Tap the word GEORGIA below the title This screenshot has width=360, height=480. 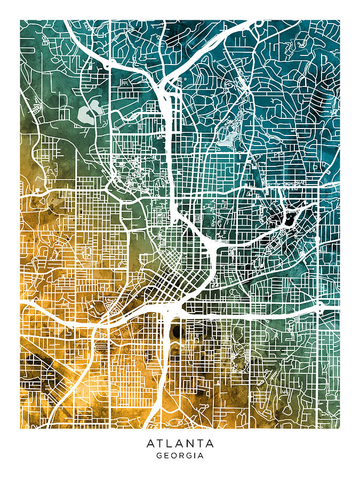pyautogui.click(x=180, y=456)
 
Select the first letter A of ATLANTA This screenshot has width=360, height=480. pyautogui.click(x=150, y=443)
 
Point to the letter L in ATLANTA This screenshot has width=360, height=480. pyautogui.click(x=170, y=443)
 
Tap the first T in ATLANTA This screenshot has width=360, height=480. pyautogui.click(x=160, y=443)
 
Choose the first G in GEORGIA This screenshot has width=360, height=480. pyautogui.click(x=159, y=456)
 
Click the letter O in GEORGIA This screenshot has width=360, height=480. pyautogui.click(x=173, y=456)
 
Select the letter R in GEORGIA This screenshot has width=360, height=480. pyautogui.click(x=180, y=456)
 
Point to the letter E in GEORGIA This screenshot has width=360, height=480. pyautogui.click(x=166, y=456)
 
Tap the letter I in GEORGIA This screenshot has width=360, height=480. pyautogui.click(x=194, y=456)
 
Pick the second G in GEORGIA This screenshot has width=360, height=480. pyautogui.click(x=187, y=456)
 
